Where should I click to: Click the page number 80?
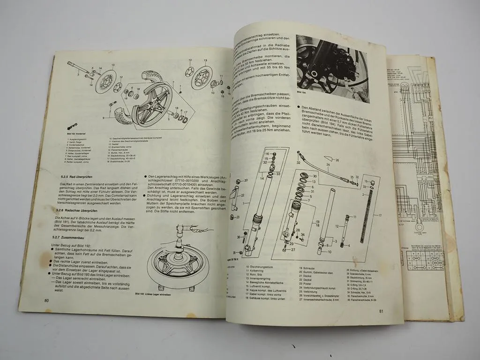pos(46,301)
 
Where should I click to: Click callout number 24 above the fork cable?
pos(328,165)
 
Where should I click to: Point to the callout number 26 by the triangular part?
pos(350,161)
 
